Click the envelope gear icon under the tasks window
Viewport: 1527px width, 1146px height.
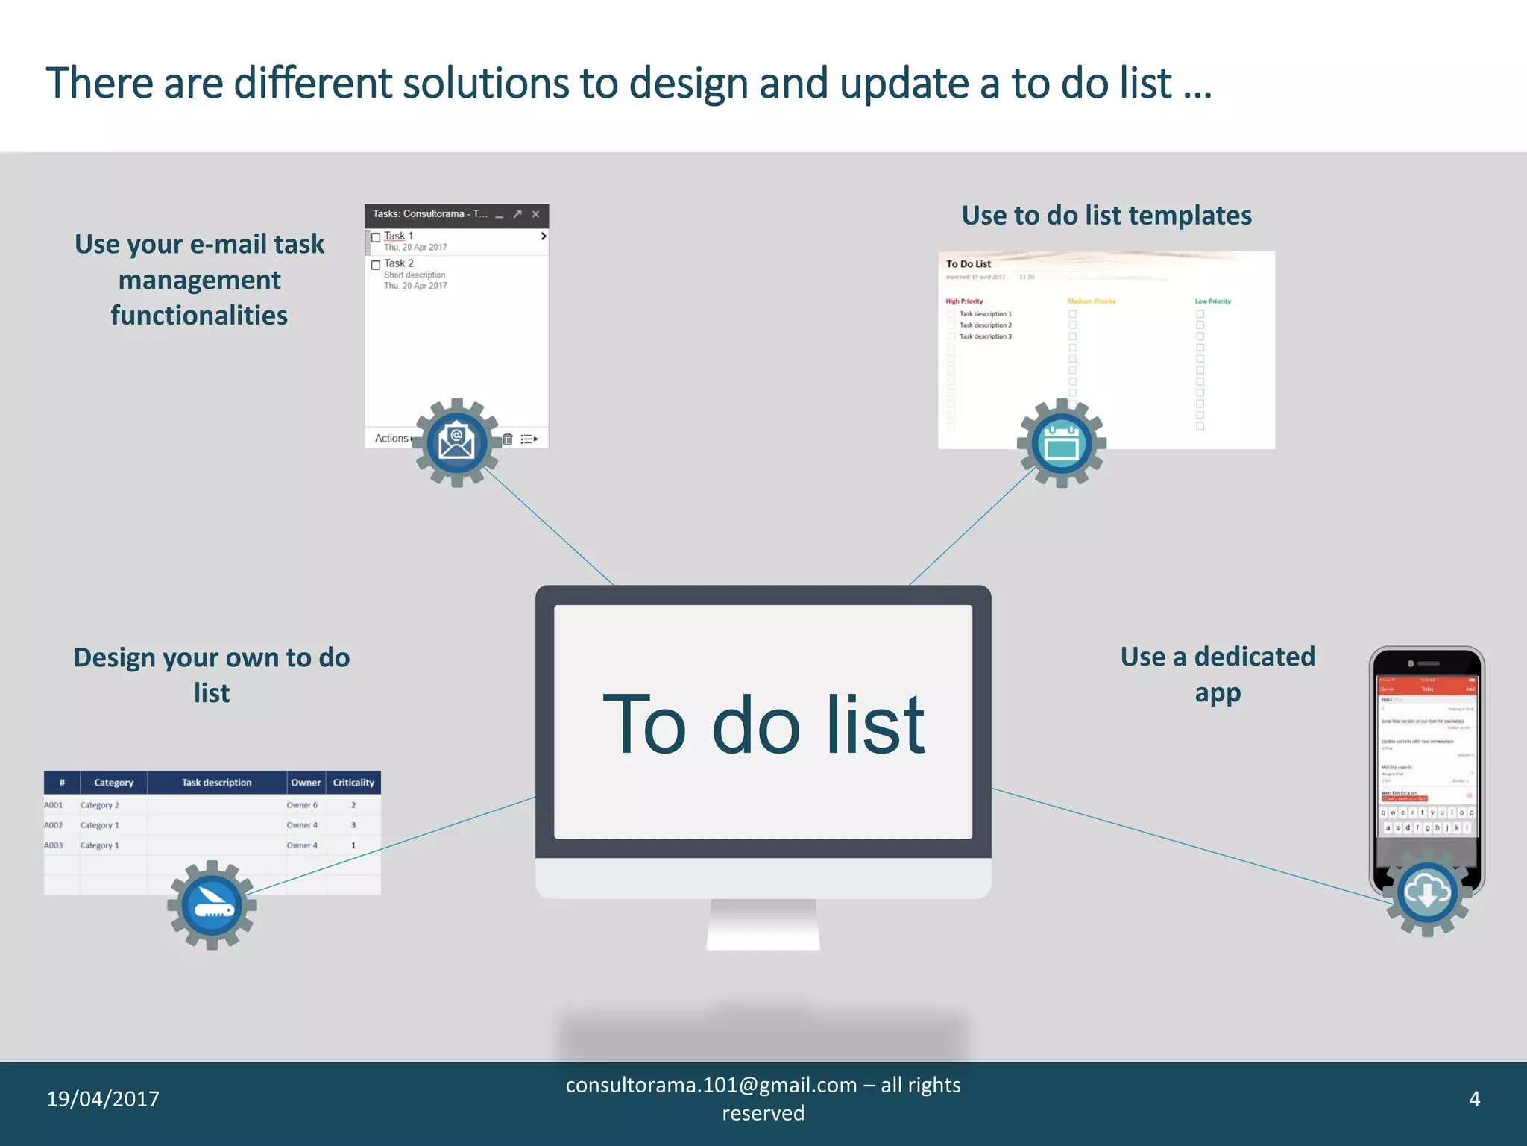[456, 442]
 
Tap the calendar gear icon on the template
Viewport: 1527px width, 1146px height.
[1062, 443]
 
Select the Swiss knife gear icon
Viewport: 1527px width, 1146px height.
[212, 905]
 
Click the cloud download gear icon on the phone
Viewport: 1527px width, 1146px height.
[1427, 892]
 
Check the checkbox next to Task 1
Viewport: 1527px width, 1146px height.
[376, 237]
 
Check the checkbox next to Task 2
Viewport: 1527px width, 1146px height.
[376, 265]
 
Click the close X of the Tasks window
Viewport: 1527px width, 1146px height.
[535, 214]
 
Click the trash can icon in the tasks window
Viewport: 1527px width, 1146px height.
[508, 439]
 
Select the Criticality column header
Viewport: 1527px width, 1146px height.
[353, 783]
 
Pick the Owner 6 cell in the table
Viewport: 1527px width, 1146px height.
[302, 805]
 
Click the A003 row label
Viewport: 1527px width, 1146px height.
[54, 845]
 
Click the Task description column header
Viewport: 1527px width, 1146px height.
[216, 783]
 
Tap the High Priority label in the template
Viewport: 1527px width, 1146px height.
[964, 301]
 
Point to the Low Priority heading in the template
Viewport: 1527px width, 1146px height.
[1212, 301]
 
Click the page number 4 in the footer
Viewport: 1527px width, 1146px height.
[1474, 1099]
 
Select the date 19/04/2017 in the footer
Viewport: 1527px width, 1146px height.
[103, 1099]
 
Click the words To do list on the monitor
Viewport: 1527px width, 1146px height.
[763, 724]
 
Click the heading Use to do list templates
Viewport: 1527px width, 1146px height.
[1106, 216]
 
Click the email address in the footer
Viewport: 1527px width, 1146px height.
[711, 1085]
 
